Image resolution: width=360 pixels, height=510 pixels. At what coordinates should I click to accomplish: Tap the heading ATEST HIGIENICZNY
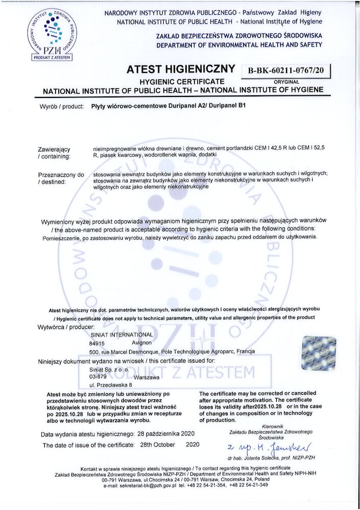(182, 69)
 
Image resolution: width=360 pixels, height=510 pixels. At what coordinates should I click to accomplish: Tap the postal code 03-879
(98, 377)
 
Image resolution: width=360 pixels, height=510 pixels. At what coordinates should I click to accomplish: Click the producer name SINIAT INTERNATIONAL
(121, 335)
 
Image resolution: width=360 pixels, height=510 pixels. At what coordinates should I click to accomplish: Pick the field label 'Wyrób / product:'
(61, 107)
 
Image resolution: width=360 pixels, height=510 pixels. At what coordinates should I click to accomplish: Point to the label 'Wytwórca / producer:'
(67, 326)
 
